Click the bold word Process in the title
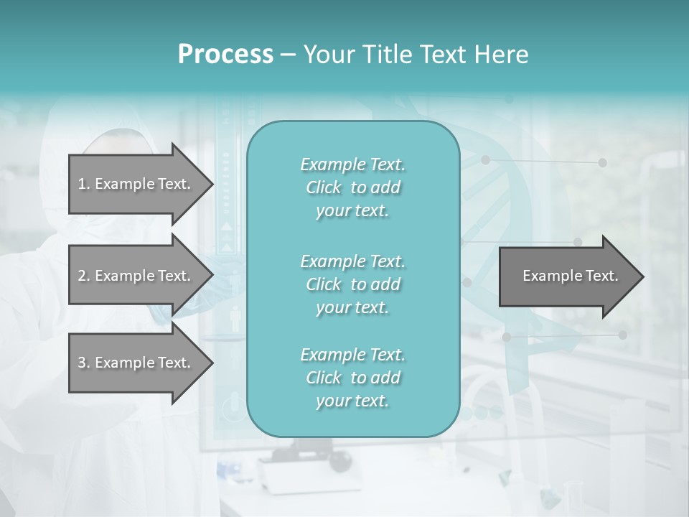pos(225,55)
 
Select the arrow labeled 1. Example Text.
pos(136,184)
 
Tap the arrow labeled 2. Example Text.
pos(136,276)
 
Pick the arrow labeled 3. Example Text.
pos(136,363)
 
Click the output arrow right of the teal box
pos(567,276)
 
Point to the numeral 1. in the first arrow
pos(84,184)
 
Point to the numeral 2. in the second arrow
pos(84,276)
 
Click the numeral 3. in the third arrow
pos(84,363)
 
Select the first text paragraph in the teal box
pos(352,187)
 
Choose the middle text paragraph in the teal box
pos(352,284)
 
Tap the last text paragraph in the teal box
pos(352,377)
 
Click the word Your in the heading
pos(328,55)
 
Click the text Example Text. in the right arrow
pos(570,276)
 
